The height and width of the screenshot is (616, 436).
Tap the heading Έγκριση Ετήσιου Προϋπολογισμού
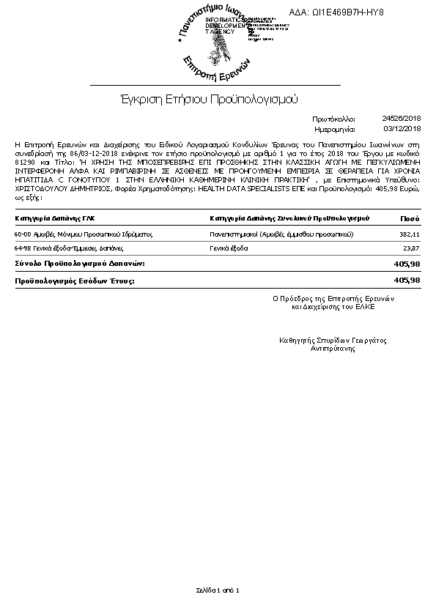210,98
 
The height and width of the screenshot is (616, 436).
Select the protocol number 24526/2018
402,118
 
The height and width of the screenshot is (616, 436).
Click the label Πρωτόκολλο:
333,118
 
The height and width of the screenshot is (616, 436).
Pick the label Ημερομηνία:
333,128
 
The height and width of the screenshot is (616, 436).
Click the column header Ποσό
410,218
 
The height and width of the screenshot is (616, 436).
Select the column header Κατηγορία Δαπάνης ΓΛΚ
55,218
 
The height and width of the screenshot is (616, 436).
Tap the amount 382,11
409,234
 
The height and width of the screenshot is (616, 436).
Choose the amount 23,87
411,249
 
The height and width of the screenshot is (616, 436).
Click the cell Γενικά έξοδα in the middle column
229,249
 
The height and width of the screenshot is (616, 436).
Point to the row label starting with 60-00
83,234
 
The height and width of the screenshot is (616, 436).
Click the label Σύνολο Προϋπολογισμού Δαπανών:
80,263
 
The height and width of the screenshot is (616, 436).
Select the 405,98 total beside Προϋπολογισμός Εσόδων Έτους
407,281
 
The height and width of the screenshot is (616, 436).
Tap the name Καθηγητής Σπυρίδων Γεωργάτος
333,341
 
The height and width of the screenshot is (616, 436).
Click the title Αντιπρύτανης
333,349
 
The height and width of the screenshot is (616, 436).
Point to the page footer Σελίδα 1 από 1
218,590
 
